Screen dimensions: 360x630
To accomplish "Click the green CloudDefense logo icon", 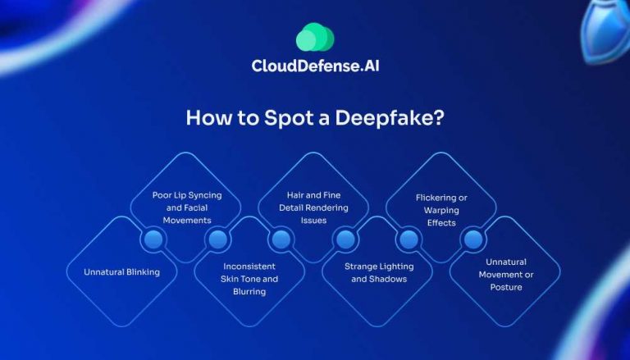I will (315, 37).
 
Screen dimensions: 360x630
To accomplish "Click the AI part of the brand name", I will (370, 66).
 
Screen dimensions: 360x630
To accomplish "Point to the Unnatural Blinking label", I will (121, 271).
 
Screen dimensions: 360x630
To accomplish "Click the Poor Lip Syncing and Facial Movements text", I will (187, 207).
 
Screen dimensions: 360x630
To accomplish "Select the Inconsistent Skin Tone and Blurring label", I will (251, 279).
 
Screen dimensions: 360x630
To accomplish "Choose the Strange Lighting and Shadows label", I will (379, 272).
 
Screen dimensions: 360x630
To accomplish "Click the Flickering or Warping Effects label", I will (442, 210).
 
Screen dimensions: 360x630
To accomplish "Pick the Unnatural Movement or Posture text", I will (506, 275).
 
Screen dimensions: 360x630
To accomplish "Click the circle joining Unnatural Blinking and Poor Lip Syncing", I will (153, 239).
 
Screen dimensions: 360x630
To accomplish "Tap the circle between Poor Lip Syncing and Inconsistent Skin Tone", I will (217, 239).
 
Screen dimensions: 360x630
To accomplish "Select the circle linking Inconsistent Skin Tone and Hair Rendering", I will (281, 239).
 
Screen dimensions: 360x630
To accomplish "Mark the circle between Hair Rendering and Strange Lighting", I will (345, 239).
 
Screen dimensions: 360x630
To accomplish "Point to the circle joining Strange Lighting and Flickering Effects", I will (409, 239).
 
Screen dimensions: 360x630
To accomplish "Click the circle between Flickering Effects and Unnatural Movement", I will (473, 239).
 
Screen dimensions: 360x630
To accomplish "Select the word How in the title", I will (203, 116).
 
